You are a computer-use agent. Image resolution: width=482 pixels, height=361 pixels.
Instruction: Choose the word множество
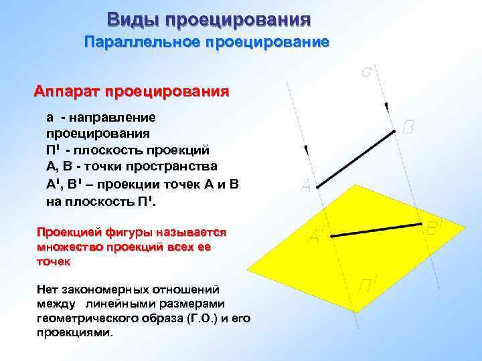pyautogui.click(x=67, y=247)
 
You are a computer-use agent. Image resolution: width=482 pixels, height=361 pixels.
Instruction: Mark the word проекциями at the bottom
pyautogui.click(x=76, y=332)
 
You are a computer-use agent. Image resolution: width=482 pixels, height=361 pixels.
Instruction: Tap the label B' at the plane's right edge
pyautogui.click(x=434, y=229)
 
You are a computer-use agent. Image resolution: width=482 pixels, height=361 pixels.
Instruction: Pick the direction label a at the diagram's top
pyautogui.click(x=367, y=70)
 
